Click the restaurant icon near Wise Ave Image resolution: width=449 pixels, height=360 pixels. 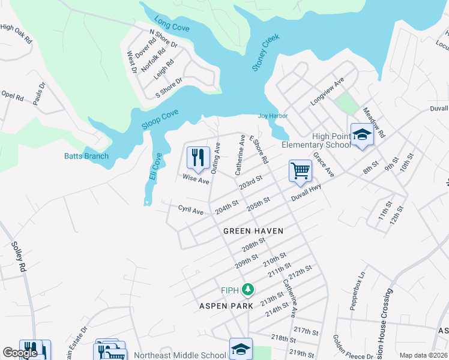click(198, 158)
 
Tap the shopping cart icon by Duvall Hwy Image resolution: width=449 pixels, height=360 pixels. click(300, 170)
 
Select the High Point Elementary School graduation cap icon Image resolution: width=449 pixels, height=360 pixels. click(362, 135)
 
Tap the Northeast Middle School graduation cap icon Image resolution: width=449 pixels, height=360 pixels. click(240, 349)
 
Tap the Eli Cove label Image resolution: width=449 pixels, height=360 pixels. click(155, 167)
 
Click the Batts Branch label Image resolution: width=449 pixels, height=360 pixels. click(86, 157)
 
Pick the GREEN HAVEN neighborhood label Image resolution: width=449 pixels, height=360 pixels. click(253, 230)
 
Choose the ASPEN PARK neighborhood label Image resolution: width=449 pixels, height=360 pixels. click(226, 305)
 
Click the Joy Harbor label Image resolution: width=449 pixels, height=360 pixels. click(273, 116)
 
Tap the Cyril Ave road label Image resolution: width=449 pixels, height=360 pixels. click(191, 209)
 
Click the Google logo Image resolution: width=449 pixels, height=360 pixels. click(20, 353)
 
